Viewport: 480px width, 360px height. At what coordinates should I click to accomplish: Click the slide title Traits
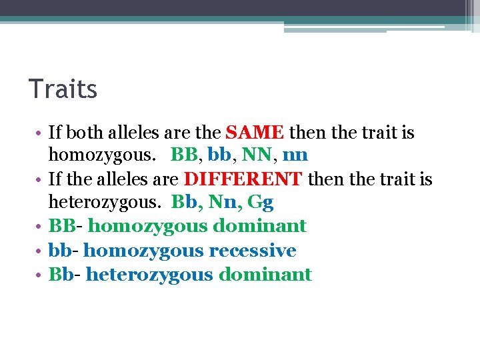click(x=63, y=89)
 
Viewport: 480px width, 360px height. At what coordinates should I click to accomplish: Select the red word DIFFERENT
click(x=243, y=180)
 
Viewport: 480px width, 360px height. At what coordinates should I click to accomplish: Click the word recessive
click(x=253, y=251)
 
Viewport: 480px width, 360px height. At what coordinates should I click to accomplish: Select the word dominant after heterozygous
click(x=265, y=275)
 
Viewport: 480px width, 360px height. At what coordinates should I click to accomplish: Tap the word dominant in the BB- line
click(x=260, y=227)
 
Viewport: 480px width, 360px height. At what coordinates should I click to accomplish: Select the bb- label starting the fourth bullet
click(x=63, y=251)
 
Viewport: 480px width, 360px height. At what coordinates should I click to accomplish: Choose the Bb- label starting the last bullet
click(x=65, y=275)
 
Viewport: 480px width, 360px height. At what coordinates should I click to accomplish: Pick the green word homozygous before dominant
click(x=147, y=227)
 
